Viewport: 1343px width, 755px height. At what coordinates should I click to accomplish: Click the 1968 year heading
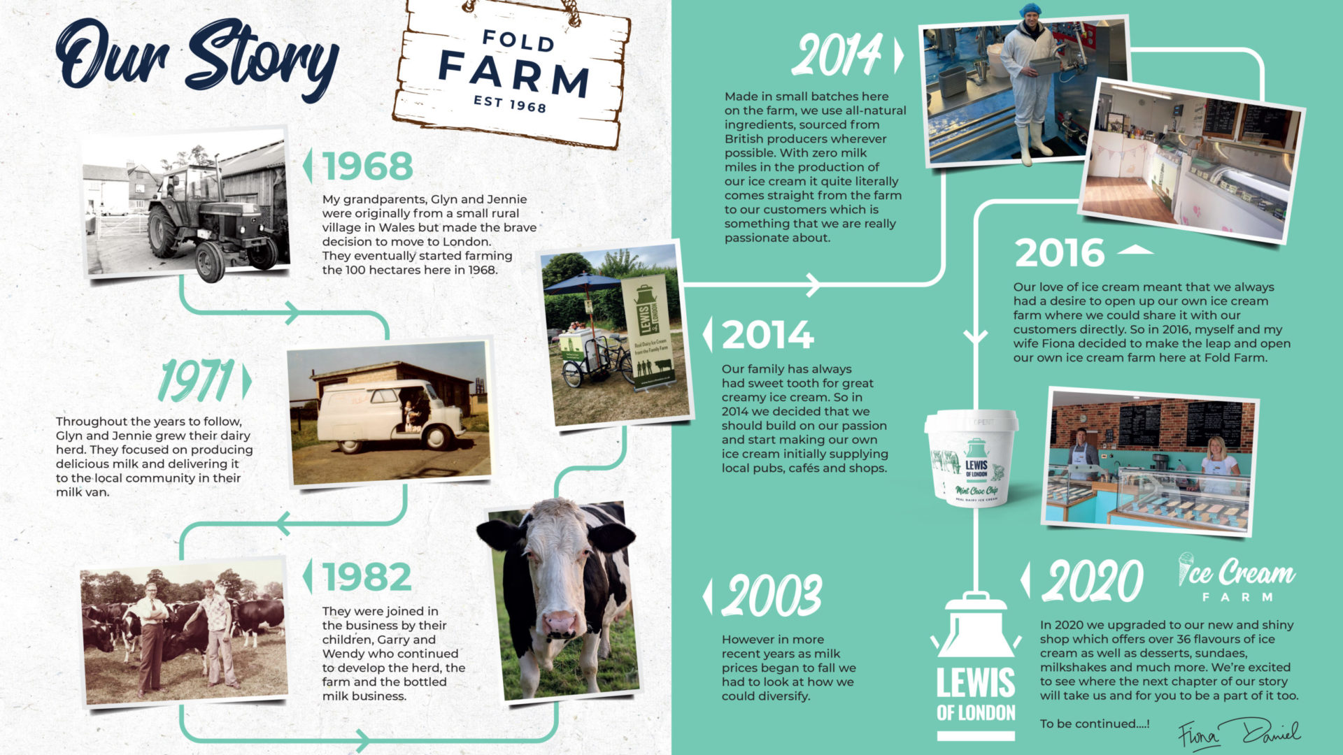[368, 166]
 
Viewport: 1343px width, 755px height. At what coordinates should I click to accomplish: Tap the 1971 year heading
[196, 381]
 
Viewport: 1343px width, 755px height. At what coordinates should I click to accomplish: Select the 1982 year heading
[367, 577]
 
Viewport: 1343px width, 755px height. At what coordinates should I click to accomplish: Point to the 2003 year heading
[772, 596]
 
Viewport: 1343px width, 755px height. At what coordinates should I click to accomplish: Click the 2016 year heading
[1060, 253]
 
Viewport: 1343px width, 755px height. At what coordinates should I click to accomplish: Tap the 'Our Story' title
[197, 59]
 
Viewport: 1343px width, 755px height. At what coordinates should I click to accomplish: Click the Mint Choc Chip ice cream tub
[972, 459]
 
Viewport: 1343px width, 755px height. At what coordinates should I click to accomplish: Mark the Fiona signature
[1199, 735]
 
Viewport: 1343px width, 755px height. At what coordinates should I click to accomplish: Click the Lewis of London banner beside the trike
[648, 331]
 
